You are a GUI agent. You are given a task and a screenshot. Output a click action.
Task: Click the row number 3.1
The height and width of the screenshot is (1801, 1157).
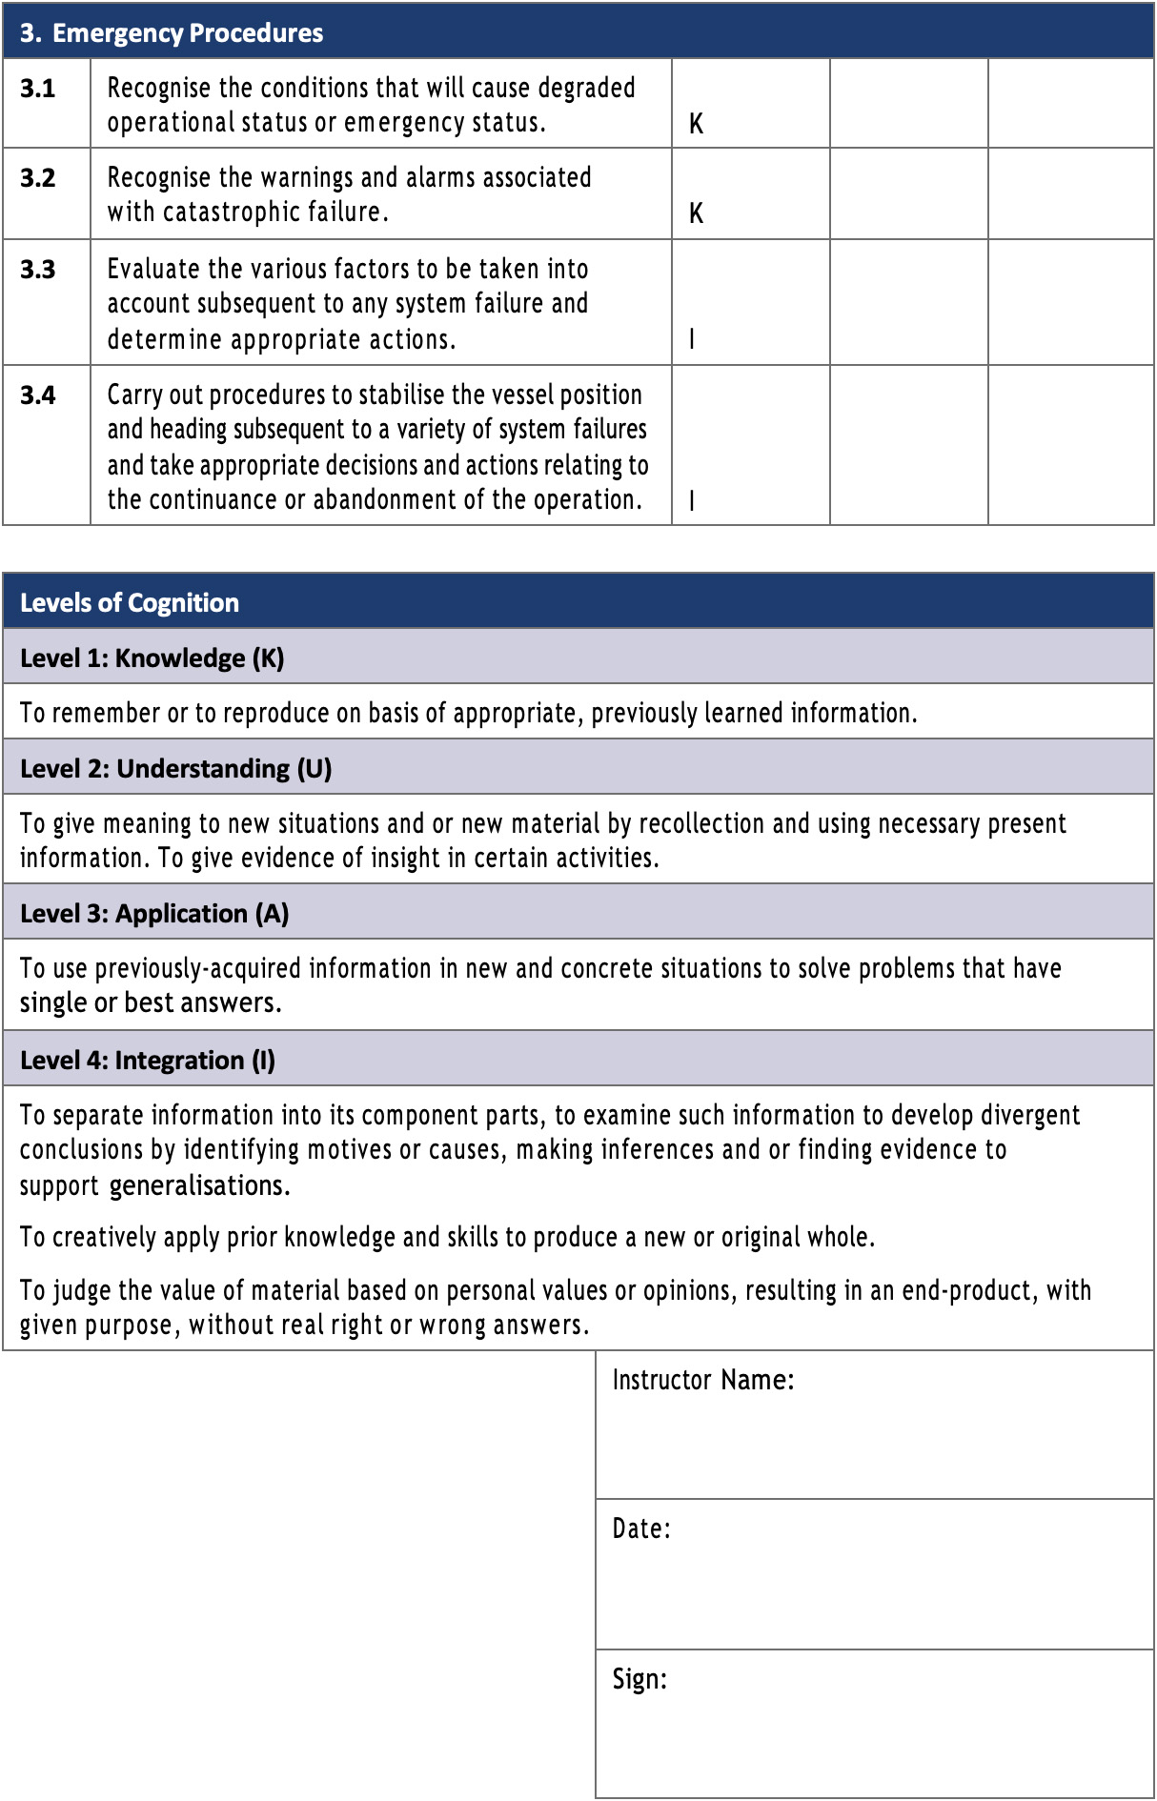(38, 89)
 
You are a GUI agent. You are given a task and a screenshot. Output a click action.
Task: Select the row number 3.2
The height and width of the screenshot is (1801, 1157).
(38, 178)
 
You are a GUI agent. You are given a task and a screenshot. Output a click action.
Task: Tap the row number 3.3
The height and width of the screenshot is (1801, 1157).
(38, 270)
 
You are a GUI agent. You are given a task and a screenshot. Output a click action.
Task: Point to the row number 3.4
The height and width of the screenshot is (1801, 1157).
(38, 395)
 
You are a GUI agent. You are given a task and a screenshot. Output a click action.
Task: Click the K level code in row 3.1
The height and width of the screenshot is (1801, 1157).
(696, 124)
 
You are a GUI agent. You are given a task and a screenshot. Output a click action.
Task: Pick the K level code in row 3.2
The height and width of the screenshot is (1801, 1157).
(696, 213)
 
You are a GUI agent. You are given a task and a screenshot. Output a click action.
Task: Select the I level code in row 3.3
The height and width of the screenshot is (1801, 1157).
(692, 339)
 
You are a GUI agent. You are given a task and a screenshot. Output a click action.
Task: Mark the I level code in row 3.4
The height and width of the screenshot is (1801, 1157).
(692, 500)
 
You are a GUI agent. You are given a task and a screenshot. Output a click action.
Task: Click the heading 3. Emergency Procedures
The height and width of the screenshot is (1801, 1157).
(172, 33)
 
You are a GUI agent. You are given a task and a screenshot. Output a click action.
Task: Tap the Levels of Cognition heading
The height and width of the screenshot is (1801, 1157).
(130, 603)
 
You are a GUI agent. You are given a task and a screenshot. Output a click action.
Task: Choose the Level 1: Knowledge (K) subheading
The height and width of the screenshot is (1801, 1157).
(152, 658)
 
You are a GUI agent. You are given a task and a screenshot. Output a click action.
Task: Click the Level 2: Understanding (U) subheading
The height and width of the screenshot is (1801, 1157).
(175, 769)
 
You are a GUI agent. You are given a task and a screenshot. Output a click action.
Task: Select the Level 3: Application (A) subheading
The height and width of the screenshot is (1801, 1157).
(154, 914)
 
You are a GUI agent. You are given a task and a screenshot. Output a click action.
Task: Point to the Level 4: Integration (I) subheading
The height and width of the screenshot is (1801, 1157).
(148, 1061)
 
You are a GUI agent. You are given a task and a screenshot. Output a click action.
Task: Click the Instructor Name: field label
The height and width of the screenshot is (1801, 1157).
(702, 1380)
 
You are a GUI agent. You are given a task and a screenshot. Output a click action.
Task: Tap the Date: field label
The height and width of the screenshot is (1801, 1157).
(641, 1528)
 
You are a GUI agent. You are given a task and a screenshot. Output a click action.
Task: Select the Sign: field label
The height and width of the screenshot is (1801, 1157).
(639, 1679)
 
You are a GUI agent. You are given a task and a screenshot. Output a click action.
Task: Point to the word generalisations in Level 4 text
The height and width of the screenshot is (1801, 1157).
(199, 1186)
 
